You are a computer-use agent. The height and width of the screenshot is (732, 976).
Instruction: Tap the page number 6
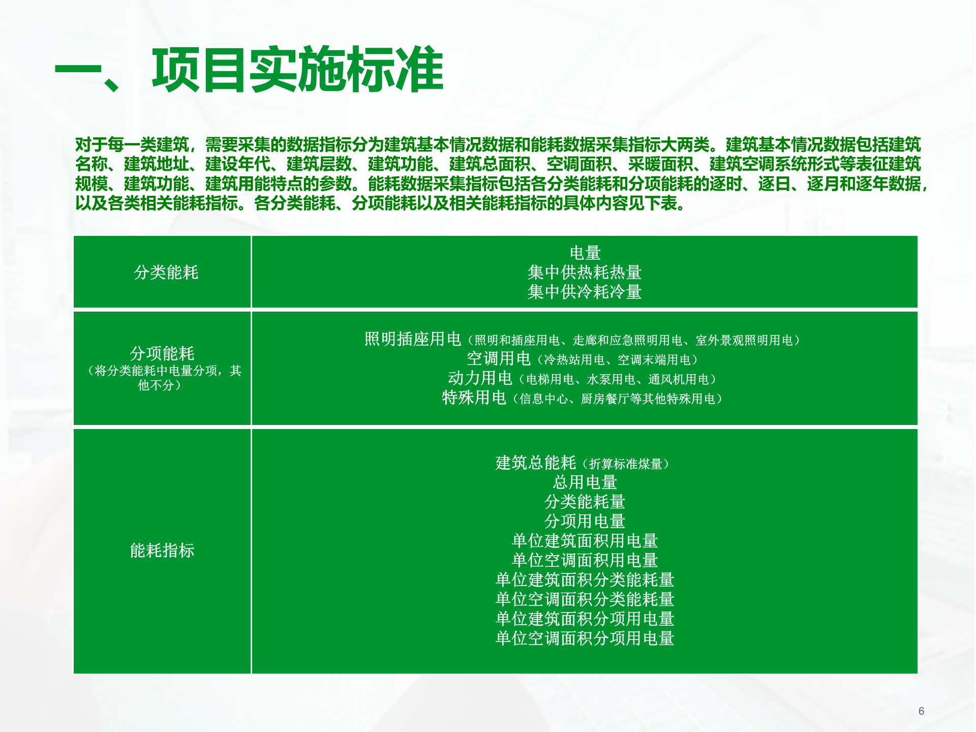click(921, 711)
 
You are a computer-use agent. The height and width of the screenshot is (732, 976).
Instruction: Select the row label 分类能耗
click(166, 272)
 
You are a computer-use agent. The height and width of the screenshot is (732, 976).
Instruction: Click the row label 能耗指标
click(162, 551)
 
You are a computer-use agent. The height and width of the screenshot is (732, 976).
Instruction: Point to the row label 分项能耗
click(162, 353)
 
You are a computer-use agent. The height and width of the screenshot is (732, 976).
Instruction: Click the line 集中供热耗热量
click(585, 272)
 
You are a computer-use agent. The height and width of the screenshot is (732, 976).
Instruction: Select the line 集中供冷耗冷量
click(585, 292)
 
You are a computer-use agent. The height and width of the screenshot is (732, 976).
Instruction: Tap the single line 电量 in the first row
click(585, 253)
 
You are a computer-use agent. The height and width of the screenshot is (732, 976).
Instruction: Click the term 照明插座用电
click(413, 339)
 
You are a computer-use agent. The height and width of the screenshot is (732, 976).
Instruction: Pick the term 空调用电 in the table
click(499, 359)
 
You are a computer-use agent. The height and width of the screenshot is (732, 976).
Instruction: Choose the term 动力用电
click(480, 378)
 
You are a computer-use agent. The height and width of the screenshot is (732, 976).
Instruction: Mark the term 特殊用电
click(474, 398)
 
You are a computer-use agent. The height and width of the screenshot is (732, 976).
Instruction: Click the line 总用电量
click(585, 482)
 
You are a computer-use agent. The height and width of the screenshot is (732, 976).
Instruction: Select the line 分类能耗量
click(585, 502)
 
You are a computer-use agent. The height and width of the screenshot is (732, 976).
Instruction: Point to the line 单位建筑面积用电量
click(585, 541)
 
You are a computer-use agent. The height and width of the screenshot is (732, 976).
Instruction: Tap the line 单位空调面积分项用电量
click(585, 638)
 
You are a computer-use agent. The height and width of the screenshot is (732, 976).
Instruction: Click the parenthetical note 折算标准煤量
click(626, 464)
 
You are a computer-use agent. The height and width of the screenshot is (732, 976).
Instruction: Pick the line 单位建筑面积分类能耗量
click(585, 579)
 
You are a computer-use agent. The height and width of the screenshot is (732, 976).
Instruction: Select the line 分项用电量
click(585, 521)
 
